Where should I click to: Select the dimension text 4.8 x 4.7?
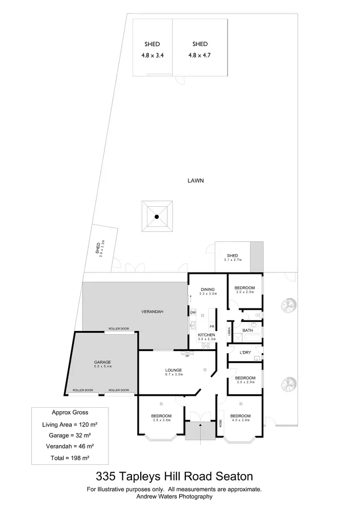click(200, 55)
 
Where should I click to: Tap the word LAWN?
click(196, 181)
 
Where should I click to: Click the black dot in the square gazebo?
click(156, 217)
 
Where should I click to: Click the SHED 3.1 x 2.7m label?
click(232, 258)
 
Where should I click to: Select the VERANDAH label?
click(152, 312)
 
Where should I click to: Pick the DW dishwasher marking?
click(193, 313)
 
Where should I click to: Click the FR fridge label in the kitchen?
click(211, 326)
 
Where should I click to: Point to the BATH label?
click(248, 331)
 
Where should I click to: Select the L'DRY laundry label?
click(245, 353)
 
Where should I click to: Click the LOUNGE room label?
click(173, 370)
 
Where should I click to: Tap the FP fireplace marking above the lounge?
click(188, 356)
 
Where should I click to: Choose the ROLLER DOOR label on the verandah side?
click(118, 329)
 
